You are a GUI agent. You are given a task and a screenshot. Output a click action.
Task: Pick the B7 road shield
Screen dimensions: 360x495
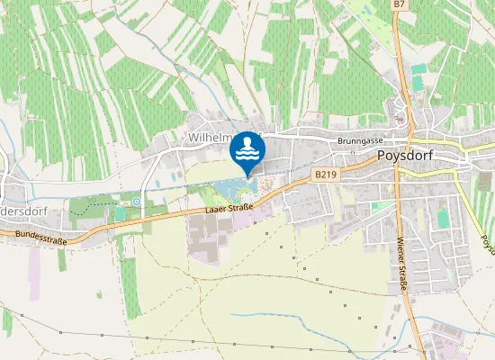tap(400, 5)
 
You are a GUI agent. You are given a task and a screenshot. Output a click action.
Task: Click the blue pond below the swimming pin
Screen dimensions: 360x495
tap(232, 189)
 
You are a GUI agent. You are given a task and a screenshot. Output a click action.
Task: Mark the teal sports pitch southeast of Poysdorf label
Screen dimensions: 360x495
tap(443, 217)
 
